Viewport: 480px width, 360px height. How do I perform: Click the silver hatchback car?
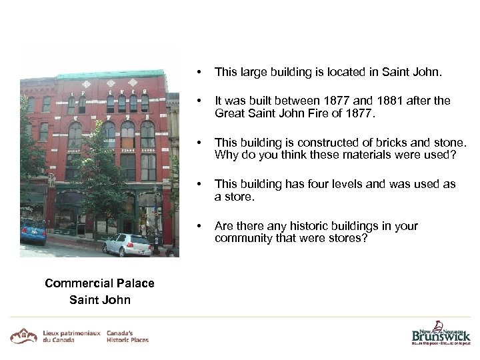[127, 245]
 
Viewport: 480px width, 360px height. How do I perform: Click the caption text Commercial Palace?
[99, 283]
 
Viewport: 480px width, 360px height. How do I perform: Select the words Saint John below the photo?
[99, 299]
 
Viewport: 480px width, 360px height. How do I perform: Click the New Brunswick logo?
[440, 332]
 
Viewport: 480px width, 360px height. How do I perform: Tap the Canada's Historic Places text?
[127, 335]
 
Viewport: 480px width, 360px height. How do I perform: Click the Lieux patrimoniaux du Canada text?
[71, 335]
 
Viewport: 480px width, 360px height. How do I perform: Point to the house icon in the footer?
[24, 335]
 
